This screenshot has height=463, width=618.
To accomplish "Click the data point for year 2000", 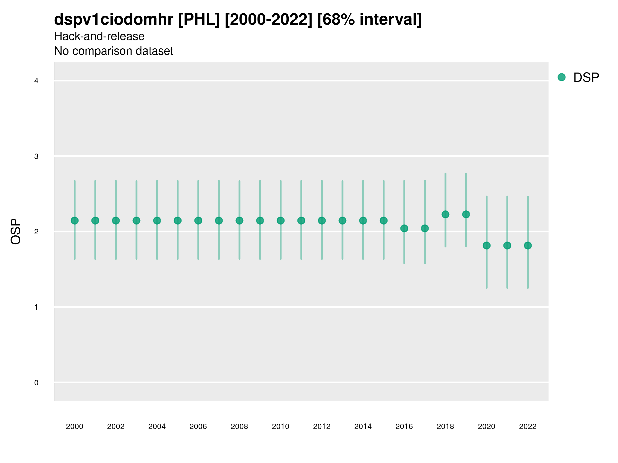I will click(x=75, y=220).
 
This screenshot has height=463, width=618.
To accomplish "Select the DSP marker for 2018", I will click(x=445, y=214).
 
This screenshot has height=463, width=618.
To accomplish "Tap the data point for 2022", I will click(x=528, y=246).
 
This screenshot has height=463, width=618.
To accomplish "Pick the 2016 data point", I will click(x=404, y=228).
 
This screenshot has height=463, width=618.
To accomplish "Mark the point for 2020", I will click(x=487, y=246).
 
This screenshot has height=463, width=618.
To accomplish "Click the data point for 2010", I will click(x=280, y=220).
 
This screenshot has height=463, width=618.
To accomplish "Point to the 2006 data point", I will click(x=198, y=220).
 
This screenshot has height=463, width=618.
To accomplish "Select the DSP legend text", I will click(x=586, y=78).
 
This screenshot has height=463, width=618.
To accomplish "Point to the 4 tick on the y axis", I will click(x=36, y=81).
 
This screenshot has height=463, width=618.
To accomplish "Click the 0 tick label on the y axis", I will click(x=36, y=383).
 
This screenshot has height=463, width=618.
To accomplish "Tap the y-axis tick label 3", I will click(x=36, y=156).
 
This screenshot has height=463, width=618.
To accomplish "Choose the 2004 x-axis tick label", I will click(x=157, y=426).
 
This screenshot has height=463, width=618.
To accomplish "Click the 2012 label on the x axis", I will click(x=322, y=426).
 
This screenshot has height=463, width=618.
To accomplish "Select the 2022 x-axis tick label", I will click(x=528, y=426).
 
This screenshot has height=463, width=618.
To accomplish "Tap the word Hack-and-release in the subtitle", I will click(x=99, y=36).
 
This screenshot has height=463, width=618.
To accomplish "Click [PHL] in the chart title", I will click(x=199, y=20).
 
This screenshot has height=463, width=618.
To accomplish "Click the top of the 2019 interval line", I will click(x=466, y=174).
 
